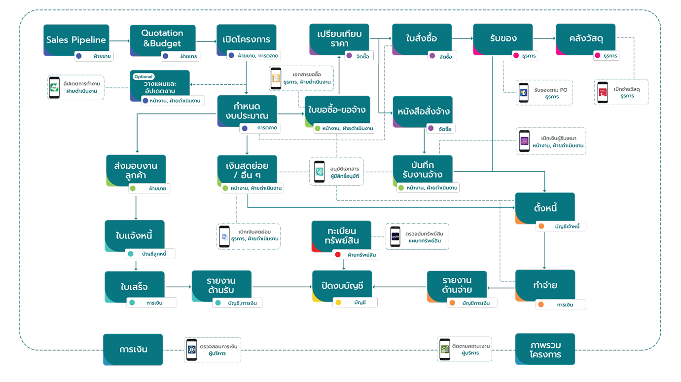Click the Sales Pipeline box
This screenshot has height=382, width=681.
[x=76, y=39]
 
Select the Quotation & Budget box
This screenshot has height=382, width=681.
[x=162, y=38]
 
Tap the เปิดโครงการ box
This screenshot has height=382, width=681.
[x=247, y=39]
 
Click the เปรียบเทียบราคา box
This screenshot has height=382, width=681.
[x=339, y=38]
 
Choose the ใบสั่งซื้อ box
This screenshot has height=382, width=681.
[x=422, y=38]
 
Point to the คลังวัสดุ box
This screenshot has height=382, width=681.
[x=585, y=38]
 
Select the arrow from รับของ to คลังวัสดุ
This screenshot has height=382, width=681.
[x=544, y=38]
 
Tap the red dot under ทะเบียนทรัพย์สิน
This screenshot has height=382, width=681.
[x=337, y=255]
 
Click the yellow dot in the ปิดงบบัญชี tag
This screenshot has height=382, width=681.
[x=338, y=302]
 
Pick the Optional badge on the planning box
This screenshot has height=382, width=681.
[x=143, y=76]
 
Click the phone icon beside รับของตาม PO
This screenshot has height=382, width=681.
[x=523, y=92]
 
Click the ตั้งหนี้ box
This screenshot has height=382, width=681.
[x=545, y=208]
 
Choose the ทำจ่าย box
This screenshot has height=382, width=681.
[x=545, y=285]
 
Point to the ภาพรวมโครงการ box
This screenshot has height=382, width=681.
[x=545, y=349]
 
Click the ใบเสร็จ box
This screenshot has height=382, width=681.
[x=134, y=286]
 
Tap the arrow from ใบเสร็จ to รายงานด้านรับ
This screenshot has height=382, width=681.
[x=178, y=286]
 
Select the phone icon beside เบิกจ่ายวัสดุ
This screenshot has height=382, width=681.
[x=603, y=92]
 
